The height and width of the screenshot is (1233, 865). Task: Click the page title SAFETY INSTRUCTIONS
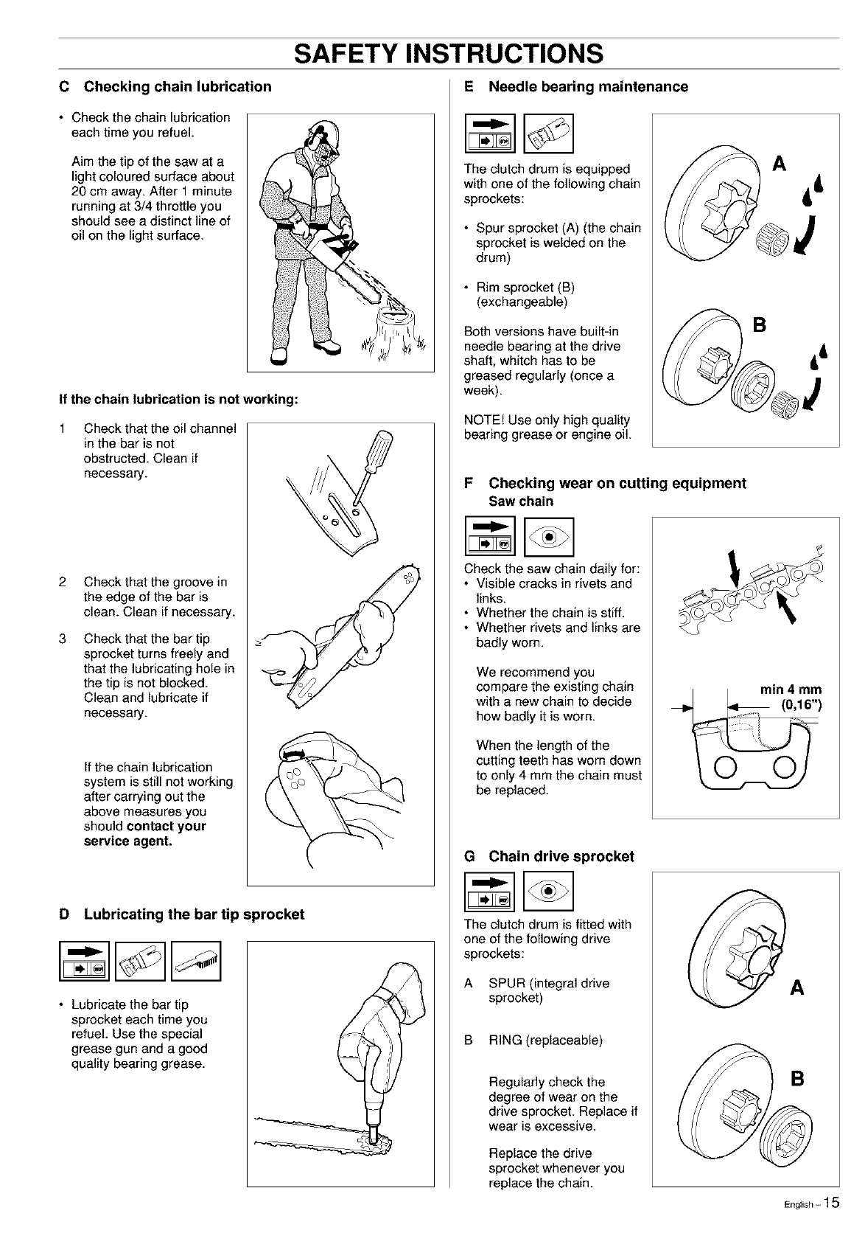449,53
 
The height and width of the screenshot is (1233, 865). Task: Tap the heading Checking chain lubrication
178,87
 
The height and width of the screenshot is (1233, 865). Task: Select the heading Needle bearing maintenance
588,87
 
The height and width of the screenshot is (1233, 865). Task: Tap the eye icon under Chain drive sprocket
548,892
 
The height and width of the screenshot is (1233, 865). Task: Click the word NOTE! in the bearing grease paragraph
483,420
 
